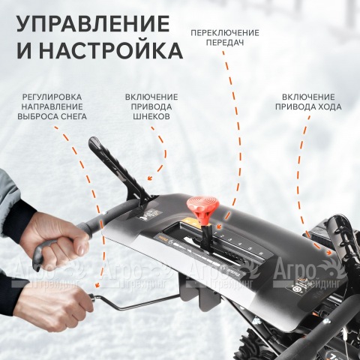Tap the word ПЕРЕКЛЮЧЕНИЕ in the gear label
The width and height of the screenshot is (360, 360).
[225, 33]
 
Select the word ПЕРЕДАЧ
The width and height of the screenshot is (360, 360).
[225, 43]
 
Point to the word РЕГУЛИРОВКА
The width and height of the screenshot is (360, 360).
[53, 97]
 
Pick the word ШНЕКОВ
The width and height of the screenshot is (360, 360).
[152, 118]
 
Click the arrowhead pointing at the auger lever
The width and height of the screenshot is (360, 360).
[151, 178]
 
